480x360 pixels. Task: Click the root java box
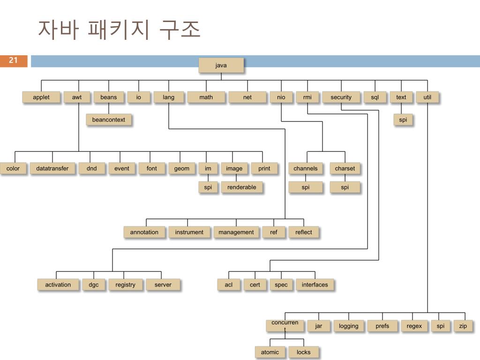tap(221, 66)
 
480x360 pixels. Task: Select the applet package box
tap(41, 97)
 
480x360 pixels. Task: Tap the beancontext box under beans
tap(109, 120)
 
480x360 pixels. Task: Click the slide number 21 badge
tap(14, 60)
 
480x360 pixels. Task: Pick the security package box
tap(341, 97)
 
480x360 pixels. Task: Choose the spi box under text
tap(403, 120)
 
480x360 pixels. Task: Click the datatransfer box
tap(52, 169)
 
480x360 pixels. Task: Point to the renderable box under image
tap(242, 187)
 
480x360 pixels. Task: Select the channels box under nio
tap(306, 169)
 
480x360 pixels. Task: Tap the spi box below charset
tap(345, 187)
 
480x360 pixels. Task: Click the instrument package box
tap(189, 232)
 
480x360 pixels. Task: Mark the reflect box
tap(304, 232)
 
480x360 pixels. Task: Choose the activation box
tap(58, 285)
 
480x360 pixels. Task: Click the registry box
tap(125, 285)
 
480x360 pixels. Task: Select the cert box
tap(255, 285)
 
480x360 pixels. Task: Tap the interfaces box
tap(315, 285)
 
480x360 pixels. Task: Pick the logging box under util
tap(349, 326)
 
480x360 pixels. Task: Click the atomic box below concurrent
tap(270, 352)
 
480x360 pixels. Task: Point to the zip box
tap(463, 326)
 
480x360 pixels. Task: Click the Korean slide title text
tap(119, 30)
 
